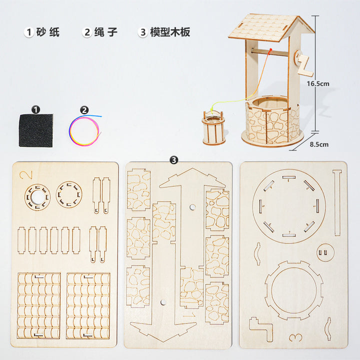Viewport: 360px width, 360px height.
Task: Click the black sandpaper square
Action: pos(36,130)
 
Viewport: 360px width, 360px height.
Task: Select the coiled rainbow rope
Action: pos(84,130)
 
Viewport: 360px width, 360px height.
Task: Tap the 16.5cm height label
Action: pos(318,84)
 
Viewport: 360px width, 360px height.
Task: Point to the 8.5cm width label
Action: pos(319,144)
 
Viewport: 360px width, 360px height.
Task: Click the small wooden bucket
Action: pos(213,127)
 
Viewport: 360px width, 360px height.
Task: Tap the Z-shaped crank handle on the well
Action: pos(304,65)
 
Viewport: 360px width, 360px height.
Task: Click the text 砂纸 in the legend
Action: pos(48,32)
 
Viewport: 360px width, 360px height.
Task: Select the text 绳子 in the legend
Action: pos(106,32)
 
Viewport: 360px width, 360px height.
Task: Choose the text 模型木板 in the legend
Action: pos(170,32)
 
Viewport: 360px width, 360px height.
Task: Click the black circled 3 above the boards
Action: pos(174,160)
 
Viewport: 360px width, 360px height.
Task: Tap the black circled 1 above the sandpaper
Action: pos(35,109)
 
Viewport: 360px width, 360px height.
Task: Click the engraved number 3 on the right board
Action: pos(295,337)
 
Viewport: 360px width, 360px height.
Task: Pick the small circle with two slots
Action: pos(325,252)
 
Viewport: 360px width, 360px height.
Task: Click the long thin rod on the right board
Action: pos(337,203)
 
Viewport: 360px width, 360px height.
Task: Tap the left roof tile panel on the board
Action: pos(39,306)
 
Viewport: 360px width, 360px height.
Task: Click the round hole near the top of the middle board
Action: pos(192,207)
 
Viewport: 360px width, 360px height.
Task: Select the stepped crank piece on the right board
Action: pos(261,328)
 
